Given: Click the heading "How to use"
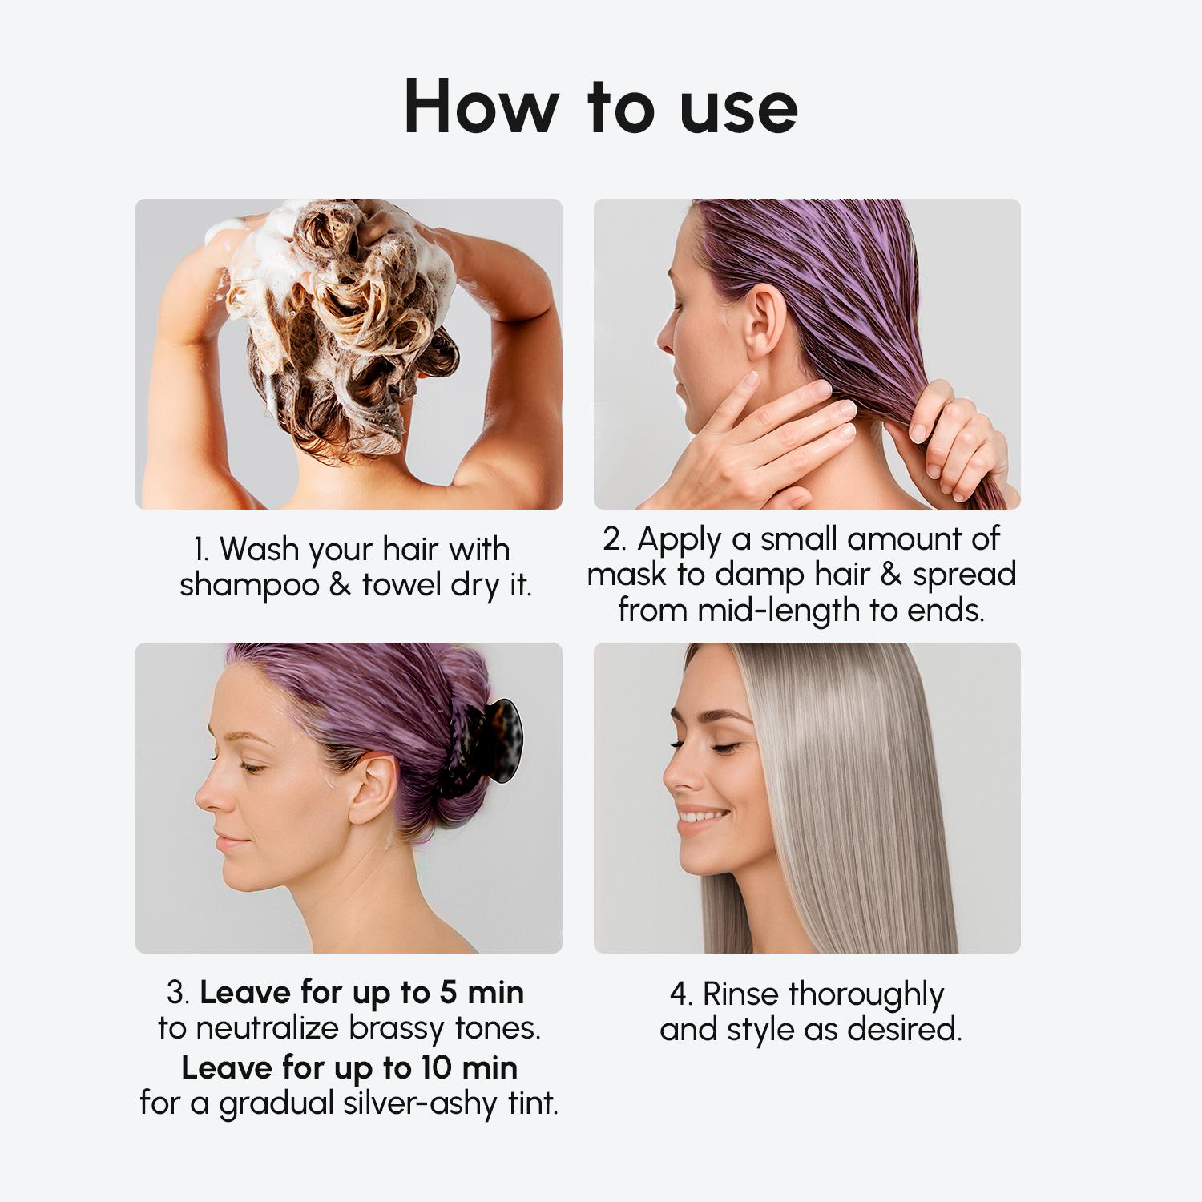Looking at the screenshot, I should point(601,107).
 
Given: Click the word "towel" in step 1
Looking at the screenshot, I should point(403,585).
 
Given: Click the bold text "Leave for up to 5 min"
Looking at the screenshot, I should point(361,993).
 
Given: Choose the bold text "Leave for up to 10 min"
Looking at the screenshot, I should point(349,1067).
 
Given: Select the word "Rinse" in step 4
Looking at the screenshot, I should point(742,994).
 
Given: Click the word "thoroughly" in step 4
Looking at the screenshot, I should point(866,995).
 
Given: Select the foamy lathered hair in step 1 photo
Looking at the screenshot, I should point(345,296).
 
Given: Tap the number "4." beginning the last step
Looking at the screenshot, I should point(680,994).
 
